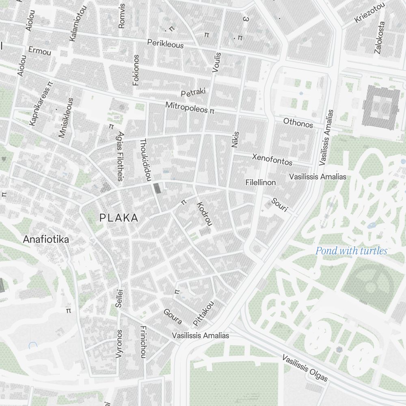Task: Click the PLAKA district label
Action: click(119, 218)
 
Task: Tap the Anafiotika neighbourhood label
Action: click(46, 239)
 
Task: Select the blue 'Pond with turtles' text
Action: click(351, 251)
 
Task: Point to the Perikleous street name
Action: click(165, 43)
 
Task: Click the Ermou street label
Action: click(39, 52)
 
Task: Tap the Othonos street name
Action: click(298, 123)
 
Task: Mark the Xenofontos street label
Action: click(272, 159)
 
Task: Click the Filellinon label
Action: click(261, 183)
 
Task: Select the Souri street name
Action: click(279, 205)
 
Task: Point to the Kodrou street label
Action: click(205, 214)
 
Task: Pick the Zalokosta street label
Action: click(381, 37)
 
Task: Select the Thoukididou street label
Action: click(145, 160)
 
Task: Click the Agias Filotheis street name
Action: click(120, 155)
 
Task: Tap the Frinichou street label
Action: click(143, 342)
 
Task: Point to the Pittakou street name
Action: click(203, 314)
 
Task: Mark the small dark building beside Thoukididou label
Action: click(157, 188)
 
